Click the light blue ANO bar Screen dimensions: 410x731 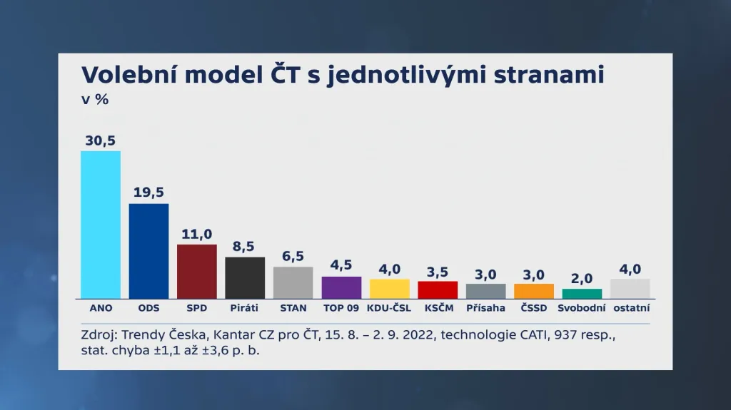(x=101, y=225)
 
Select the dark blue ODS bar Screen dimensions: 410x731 (x=148, y=251)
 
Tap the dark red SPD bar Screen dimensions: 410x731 (x=197, y=271)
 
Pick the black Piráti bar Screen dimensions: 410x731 (x=245, y=277)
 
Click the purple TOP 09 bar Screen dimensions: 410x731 (x=341, y=287)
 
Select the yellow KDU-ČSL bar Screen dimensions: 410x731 (x=390, y=289)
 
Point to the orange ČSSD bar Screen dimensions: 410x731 (x=534, y=291)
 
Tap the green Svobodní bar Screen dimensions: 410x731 (x=582, y=294)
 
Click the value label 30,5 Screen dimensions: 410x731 (x=100, y=140)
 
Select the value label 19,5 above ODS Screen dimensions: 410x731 (x=148, y=193)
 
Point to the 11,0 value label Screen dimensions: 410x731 (x=197, y=234)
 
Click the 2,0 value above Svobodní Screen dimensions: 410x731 (x=582, y=278)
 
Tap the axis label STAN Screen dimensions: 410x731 (x=293, y=308)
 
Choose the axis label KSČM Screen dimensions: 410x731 (x=438, y=308)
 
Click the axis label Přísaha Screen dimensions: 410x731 (x=485, y=308)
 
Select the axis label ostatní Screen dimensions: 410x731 (x=630, y=308)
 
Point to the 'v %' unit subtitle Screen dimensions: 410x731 (x=95, y=100)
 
